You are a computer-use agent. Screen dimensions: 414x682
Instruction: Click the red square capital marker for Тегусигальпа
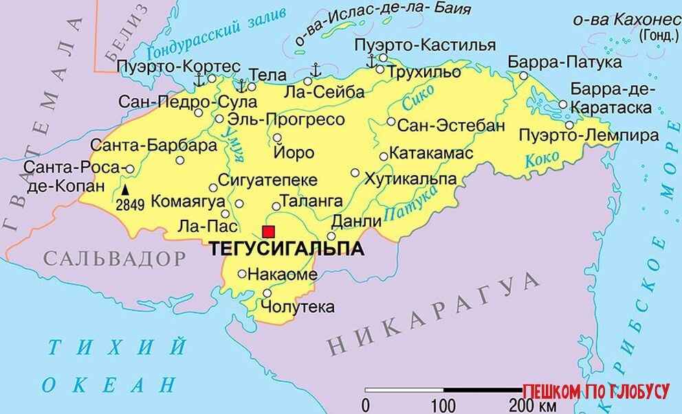pyautogui.click(x=268, y=231)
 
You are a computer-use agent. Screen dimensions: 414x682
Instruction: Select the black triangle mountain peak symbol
pyautogui.click(x=126, y=189)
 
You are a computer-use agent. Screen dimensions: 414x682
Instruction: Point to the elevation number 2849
pyautogui.click(x=130, y=204)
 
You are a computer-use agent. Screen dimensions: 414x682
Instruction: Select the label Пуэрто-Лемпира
pyautogui.click(x=588, y=135)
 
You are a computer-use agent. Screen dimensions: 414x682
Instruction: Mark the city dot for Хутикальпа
pyautogui.click(x=355, y=173)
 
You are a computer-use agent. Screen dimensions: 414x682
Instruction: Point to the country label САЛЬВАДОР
pyautogui.click(x=115, y=259)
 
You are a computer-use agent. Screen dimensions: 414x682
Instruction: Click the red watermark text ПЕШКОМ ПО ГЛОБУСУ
pyautogui.click(x=595, y=392)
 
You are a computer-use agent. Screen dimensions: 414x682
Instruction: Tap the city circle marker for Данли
pyautogui.click(x=331, y=236)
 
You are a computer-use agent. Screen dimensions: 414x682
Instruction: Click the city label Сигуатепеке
pyautogui.click(x=267, y=180)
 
